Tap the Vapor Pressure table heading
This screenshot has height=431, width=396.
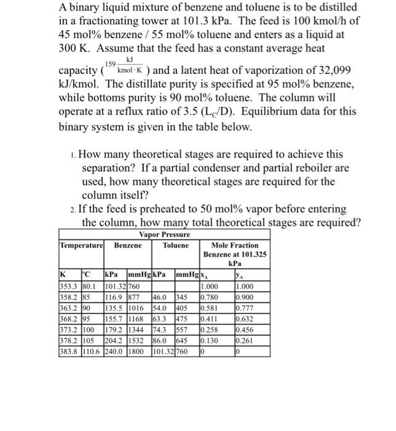pyautogui.click(x=164, y=235)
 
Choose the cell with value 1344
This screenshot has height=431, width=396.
pyautogui.click(x=137, y=328)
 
